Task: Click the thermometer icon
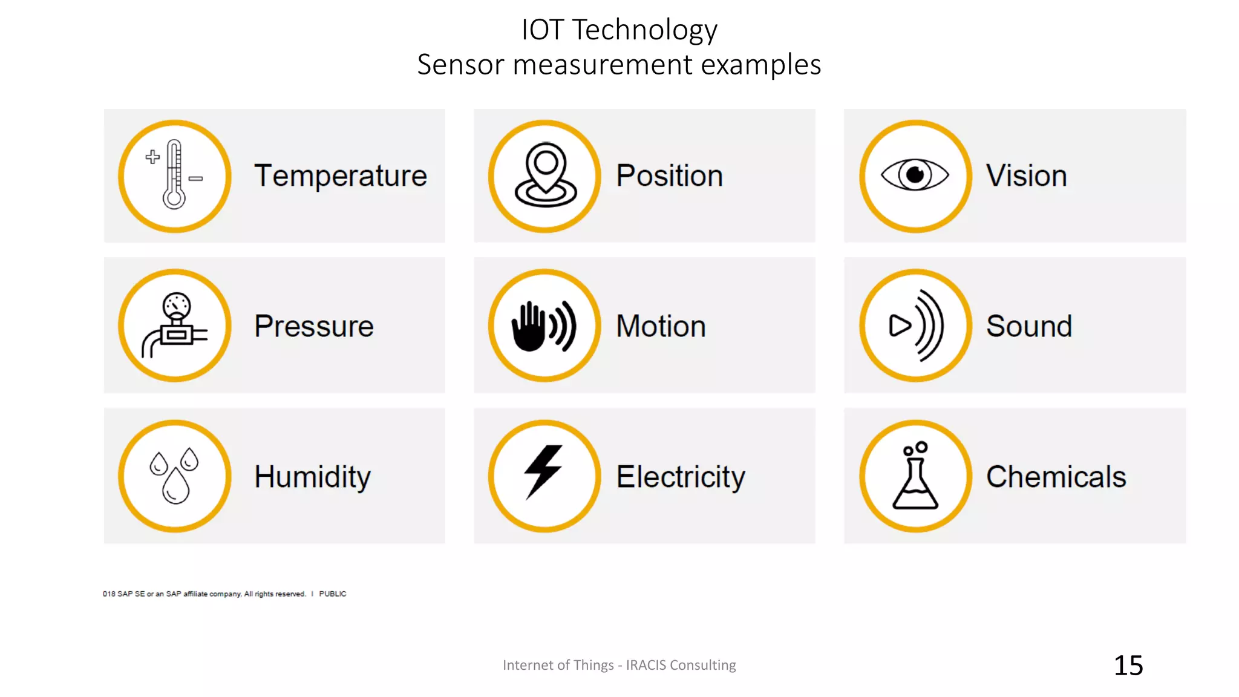[174, 175]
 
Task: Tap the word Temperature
[341, 176]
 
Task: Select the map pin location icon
[545, 175]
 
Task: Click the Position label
[669, 176]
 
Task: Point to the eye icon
[915, 175]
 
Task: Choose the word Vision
[1026, 176]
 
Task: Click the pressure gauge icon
[174, 326]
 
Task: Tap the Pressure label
[314, 326]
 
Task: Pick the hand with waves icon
[544, 326]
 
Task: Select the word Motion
[661, 326]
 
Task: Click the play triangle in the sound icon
[900, 326]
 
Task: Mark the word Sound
[1028, 326]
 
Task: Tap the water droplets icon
[174, 476]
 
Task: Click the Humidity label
[312, 477]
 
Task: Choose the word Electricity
[681, 477]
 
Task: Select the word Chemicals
[1056, 477]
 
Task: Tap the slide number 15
[1128, 666]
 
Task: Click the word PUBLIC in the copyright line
[333, 594]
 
